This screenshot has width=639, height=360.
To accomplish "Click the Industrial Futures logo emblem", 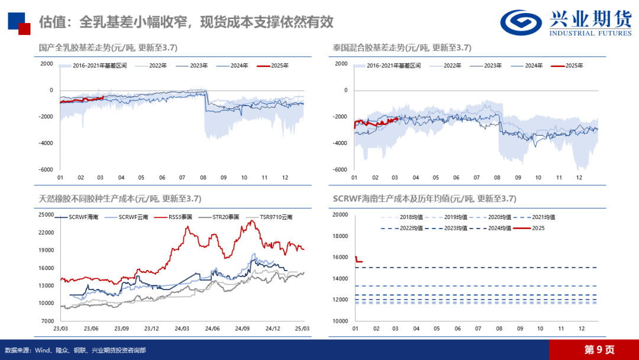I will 521,22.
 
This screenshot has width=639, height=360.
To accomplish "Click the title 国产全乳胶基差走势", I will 77,47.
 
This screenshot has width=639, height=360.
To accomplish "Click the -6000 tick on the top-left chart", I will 46,169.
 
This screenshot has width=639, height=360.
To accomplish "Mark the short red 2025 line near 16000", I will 359,261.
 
